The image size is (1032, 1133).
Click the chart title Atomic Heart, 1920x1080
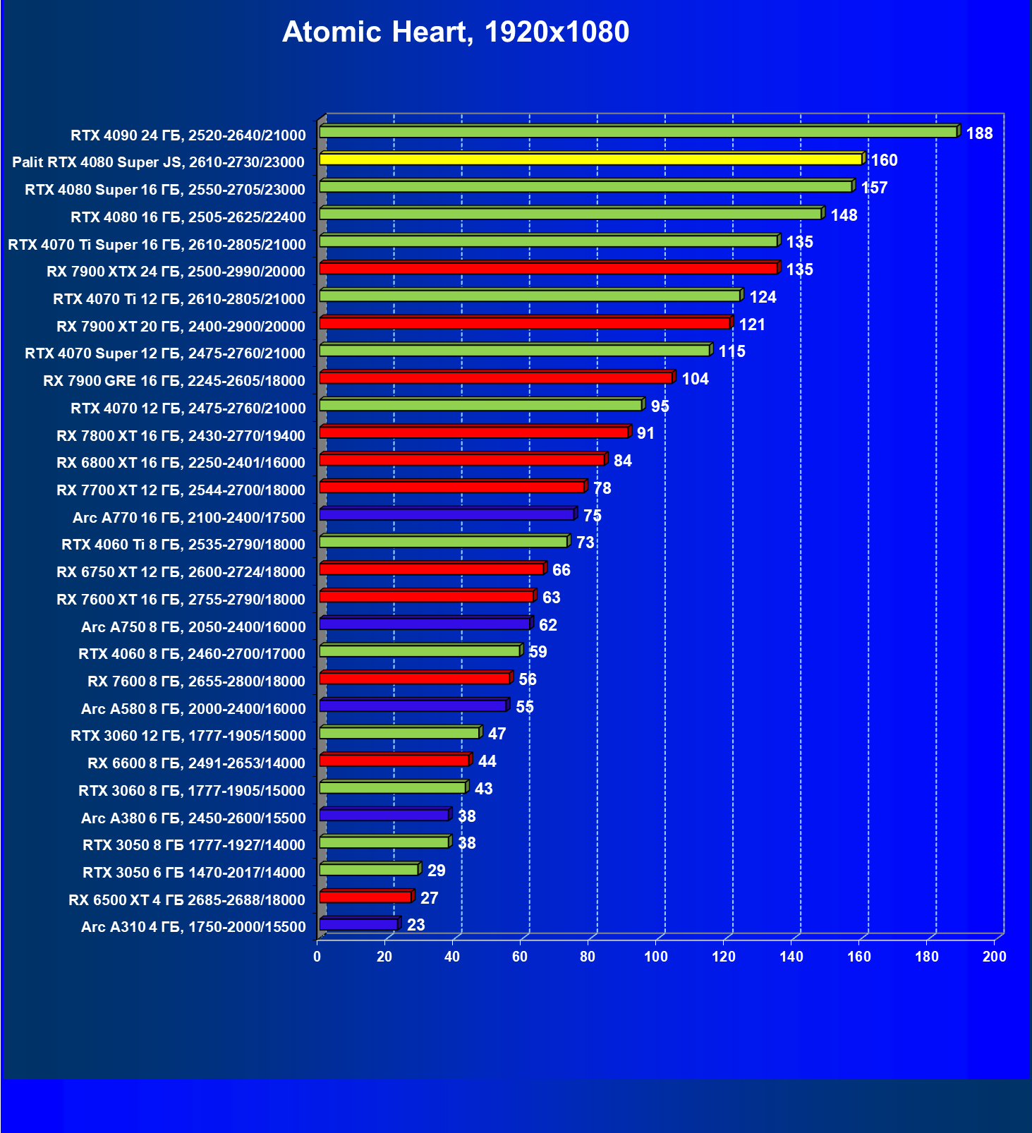tap(456, 32)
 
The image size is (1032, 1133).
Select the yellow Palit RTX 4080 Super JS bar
tap(591, 159)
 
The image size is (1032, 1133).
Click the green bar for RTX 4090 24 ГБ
tap(638, 132)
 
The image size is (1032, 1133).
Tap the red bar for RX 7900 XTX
tap(549, 269)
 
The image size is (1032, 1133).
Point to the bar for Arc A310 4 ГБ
tap(359, 925)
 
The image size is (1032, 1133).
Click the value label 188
tap(979, 133)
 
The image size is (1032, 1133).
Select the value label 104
tap(695, 379)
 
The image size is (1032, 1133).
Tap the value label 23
tap(416, 925)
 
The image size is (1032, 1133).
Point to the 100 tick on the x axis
tap(656, 957)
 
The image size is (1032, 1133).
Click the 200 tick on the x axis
tap(995, 957)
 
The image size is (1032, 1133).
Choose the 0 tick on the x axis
tap(317, 957)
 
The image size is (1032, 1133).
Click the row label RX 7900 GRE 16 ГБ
tap(174, 381)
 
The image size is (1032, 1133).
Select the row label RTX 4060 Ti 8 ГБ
tap(183, 545)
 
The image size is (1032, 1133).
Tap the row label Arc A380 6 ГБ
tap(193, 818)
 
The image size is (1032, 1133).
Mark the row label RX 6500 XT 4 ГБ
tap(187, 900)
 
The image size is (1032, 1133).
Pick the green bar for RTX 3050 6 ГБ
tap(369, 870)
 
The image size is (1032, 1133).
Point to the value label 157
tap(875, 188)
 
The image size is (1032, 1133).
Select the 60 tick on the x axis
tap(520, 957)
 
